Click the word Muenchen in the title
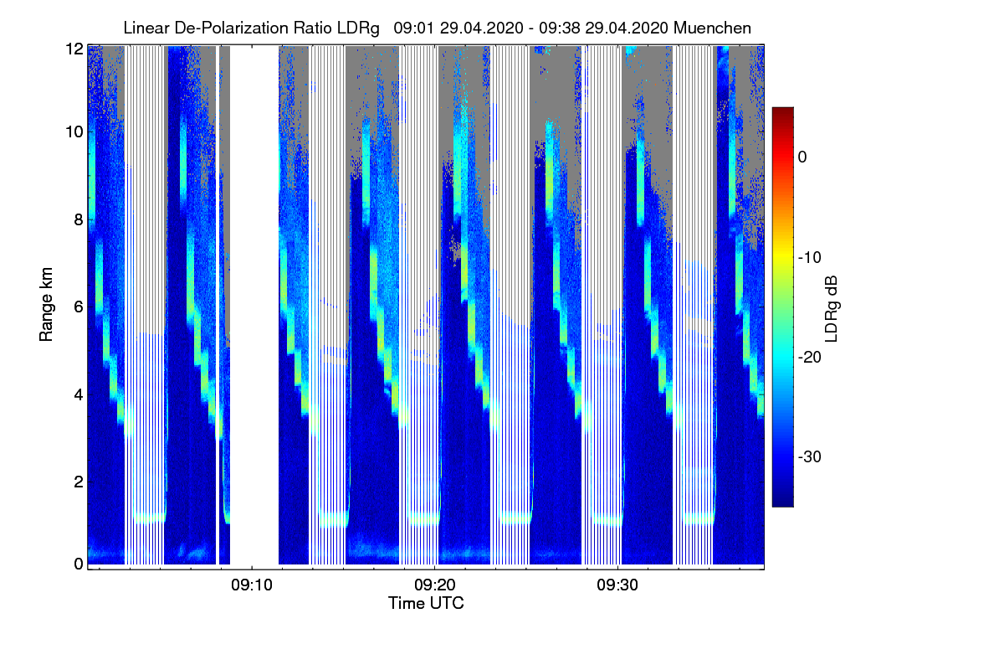tap(714, 28)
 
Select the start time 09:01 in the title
tap(412, 28)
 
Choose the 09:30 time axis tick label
tap(617, 585)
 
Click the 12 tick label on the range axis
tap(74, 49)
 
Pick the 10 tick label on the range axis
tap(74, 131)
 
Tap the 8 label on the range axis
tap(78, 219)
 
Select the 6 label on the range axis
tap(78, 307)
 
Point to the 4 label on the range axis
tap(78, 394)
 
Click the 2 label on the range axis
tap(78, 482)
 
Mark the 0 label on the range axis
tap(78, 564)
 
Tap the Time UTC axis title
tap(426, 603)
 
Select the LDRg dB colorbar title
tap(831, 307)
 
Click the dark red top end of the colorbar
tap(782, 112)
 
